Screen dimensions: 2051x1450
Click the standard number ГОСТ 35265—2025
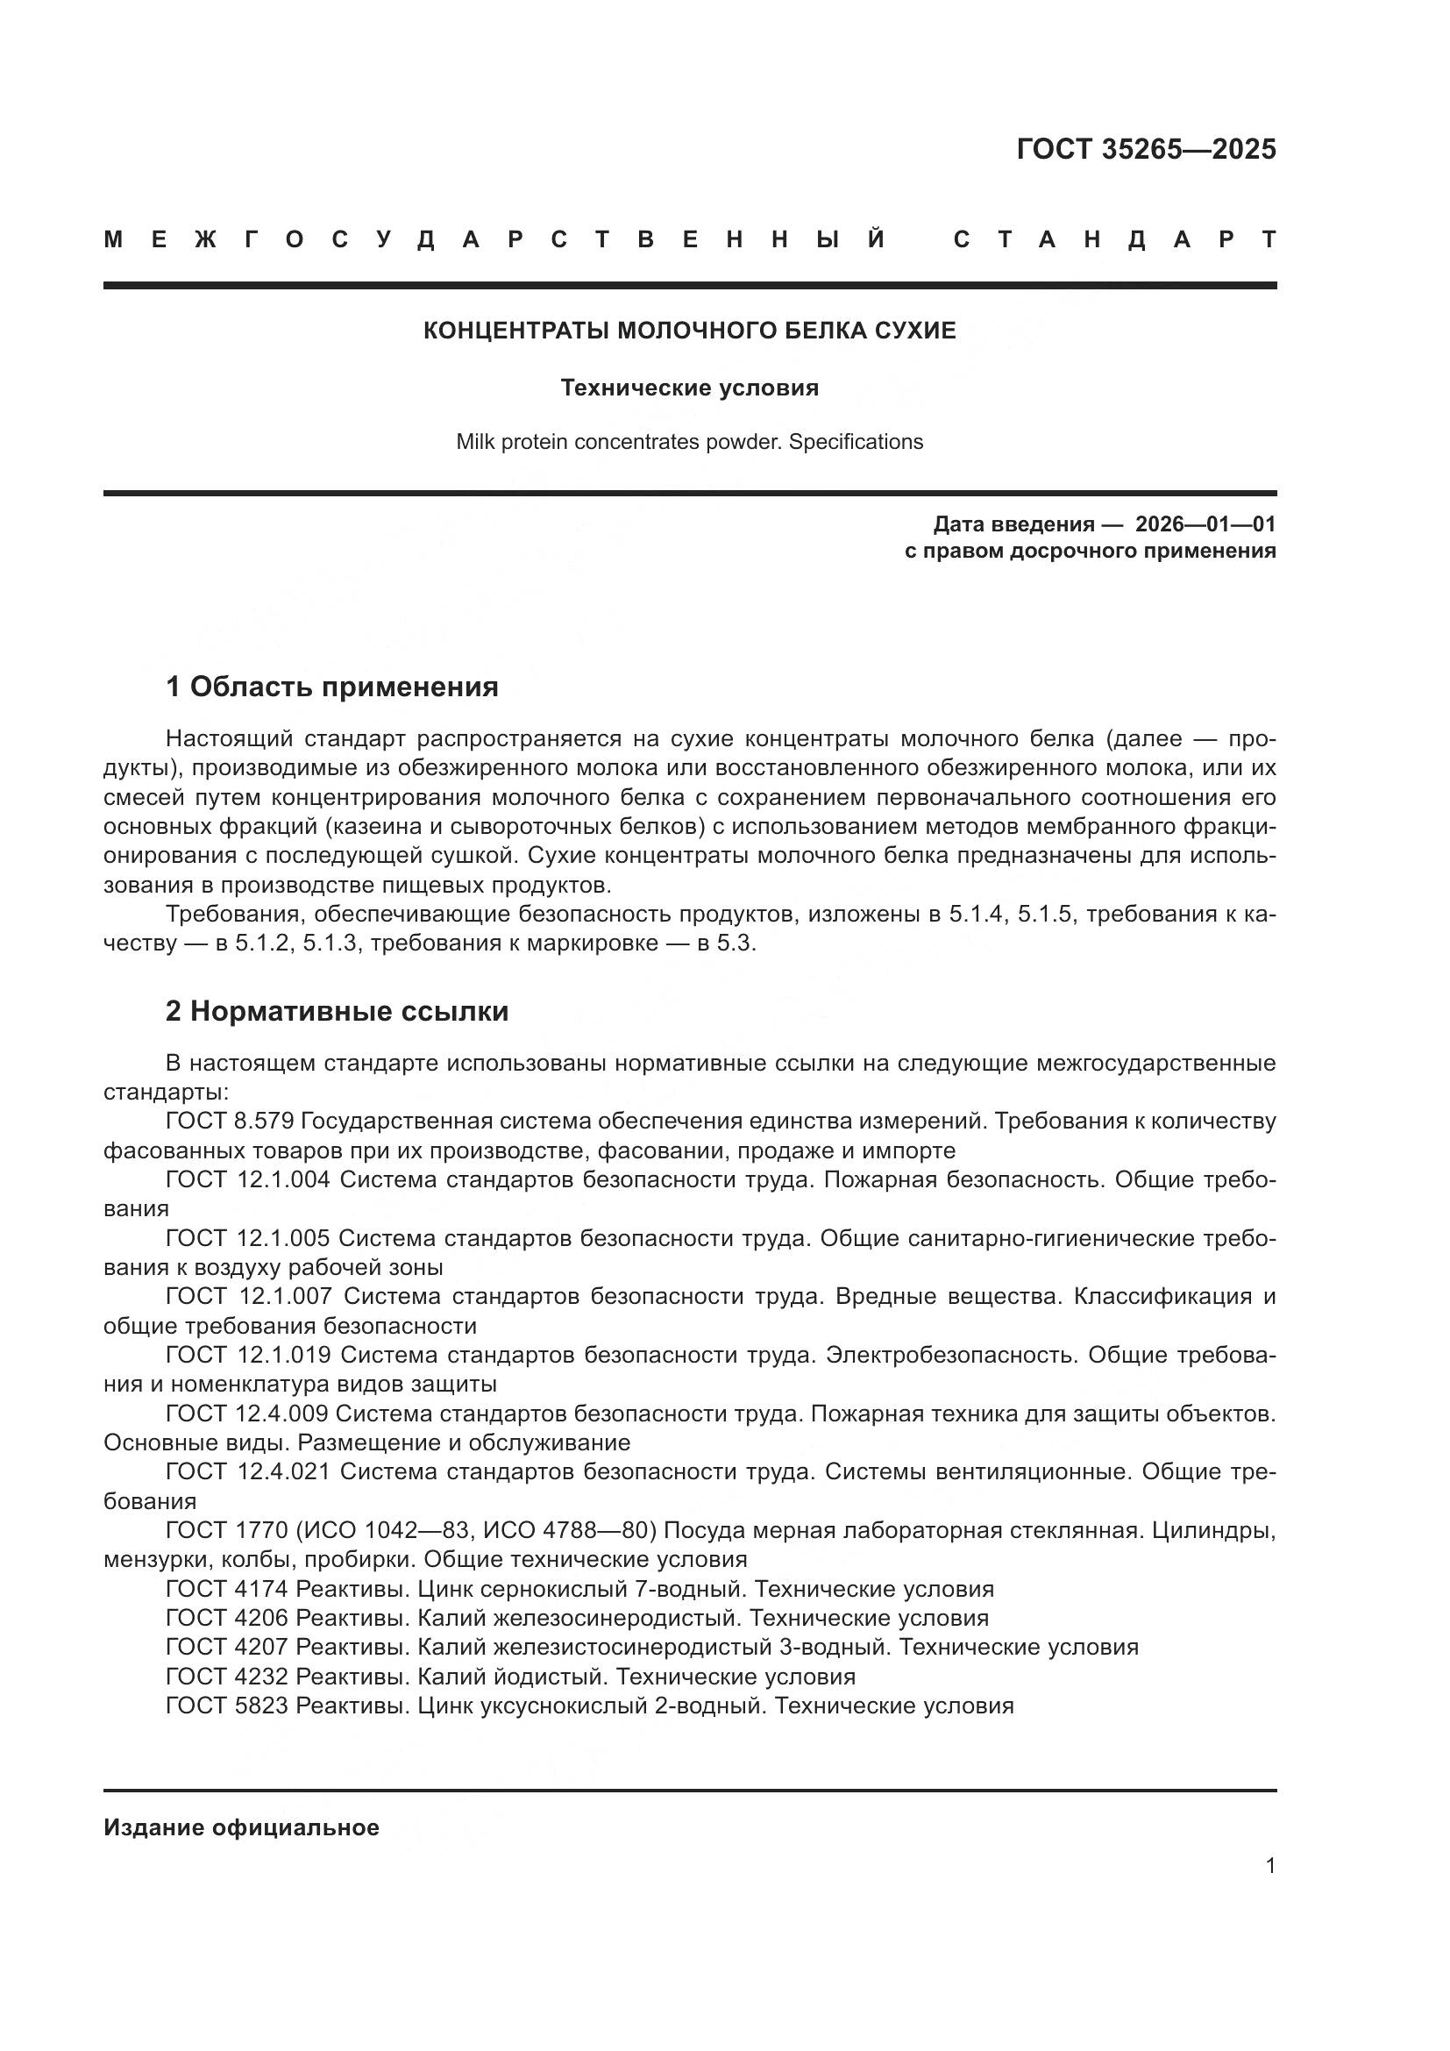[1146, 149]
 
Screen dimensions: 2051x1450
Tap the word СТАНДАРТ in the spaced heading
[1114, 239]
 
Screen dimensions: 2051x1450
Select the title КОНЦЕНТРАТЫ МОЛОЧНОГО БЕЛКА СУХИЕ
[689, 331]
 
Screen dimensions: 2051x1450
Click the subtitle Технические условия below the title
[689, 388]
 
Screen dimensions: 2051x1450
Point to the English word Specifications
[856, 441]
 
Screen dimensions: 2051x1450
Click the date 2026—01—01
[1205, 523]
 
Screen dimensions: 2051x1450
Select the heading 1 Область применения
[331, 687]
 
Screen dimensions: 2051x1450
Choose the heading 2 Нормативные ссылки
[337, 1011]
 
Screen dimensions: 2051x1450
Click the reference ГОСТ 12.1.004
[247, 1179]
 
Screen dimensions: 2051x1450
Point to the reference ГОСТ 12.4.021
[247, 1471]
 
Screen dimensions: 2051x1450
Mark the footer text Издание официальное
[241, 1827]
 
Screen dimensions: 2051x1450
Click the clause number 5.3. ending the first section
[736, 944]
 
